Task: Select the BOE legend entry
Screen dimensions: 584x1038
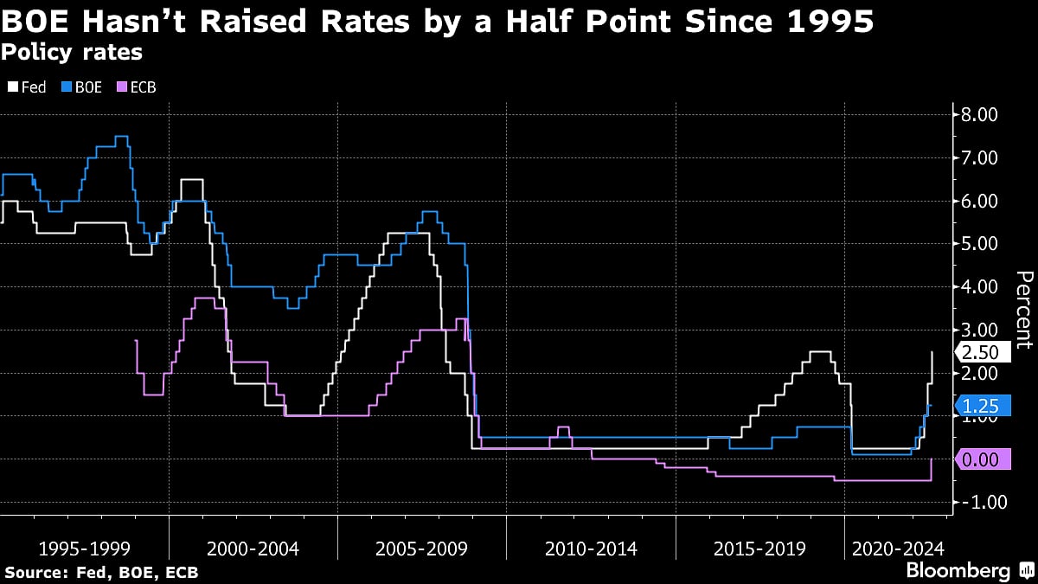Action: [82, 87]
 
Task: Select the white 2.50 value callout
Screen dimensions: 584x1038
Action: [981, 352]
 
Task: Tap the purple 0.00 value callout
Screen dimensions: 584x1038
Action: [981, 459]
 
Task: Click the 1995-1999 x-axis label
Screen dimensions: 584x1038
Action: [84, 549]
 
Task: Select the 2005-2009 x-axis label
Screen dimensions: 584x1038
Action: [421, 549]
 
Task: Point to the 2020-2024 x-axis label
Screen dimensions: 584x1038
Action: [898, 549]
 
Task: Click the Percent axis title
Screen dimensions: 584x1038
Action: [1023, 309]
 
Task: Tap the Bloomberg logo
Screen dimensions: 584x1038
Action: [958, 570]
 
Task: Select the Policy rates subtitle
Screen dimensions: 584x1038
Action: [72, 53]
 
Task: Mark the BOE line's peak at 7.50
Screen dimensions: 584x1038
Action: [121, 137]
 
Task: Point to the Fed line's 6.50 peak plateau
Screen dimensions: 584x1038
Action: [192, 180]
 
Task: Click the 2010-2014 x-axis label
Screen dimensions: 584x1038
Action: [590, 549]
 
